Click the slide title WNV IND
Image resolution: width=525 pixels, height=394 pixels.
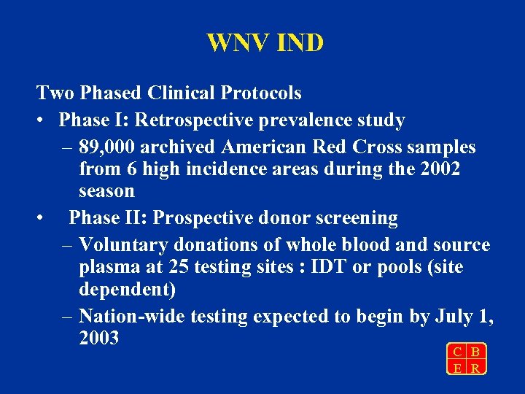coord(265,43)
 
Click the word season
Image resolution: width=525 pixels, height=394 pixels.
coord(106,192)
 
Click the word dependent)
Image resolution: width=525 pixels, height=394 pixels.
coord(127,290)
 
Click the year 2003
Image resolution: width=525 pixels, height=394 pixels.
coord(98,339)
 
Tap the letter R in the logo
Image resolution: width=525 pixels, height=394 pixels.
coord(475,368)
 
